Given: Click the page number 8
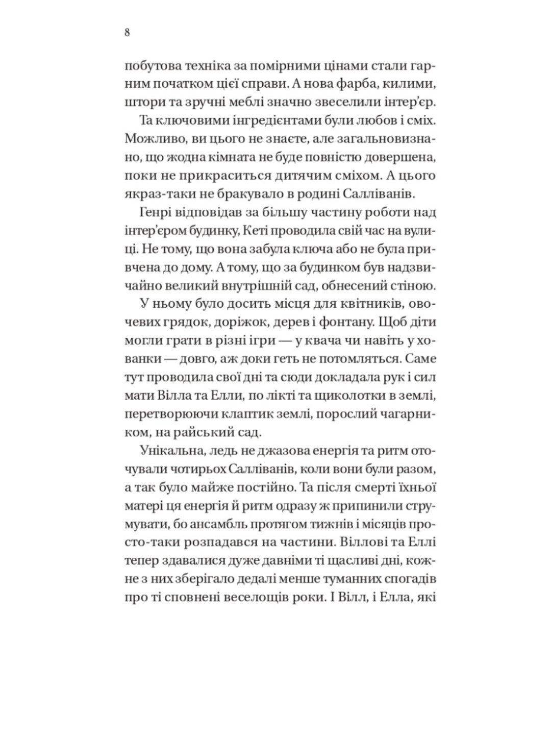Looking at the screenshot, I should [127, 33].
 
